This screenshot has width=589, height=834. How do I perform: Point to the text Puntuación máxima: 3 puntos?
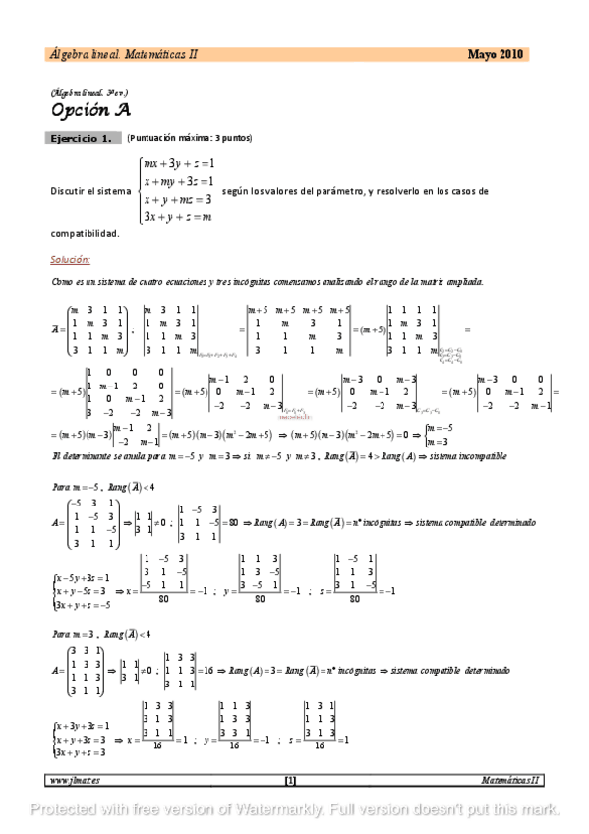click(x=190, y=139)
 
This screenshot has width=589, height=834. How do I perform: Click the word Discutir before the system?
click(x=73, y=191)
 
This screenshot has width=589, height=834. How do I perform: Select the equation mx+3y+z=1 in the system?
click(x=178, y=163)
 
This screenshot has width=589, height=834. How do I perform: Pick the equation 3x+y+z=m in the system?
click(x=178, y=216)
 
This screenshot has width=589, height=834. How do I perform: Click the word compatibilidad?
click(x=85, y=234)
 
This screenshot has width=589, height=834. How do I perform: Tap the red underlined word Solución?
click(x=70, y=260)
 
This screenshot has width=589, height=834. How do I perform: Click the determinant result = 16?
click(x=206, y=669)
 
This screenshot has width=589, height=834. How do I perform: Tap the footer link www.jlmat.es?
click(x=75, y=780)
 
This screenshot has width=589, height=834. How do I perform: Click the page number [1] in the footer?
click(x=290, y=780)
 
